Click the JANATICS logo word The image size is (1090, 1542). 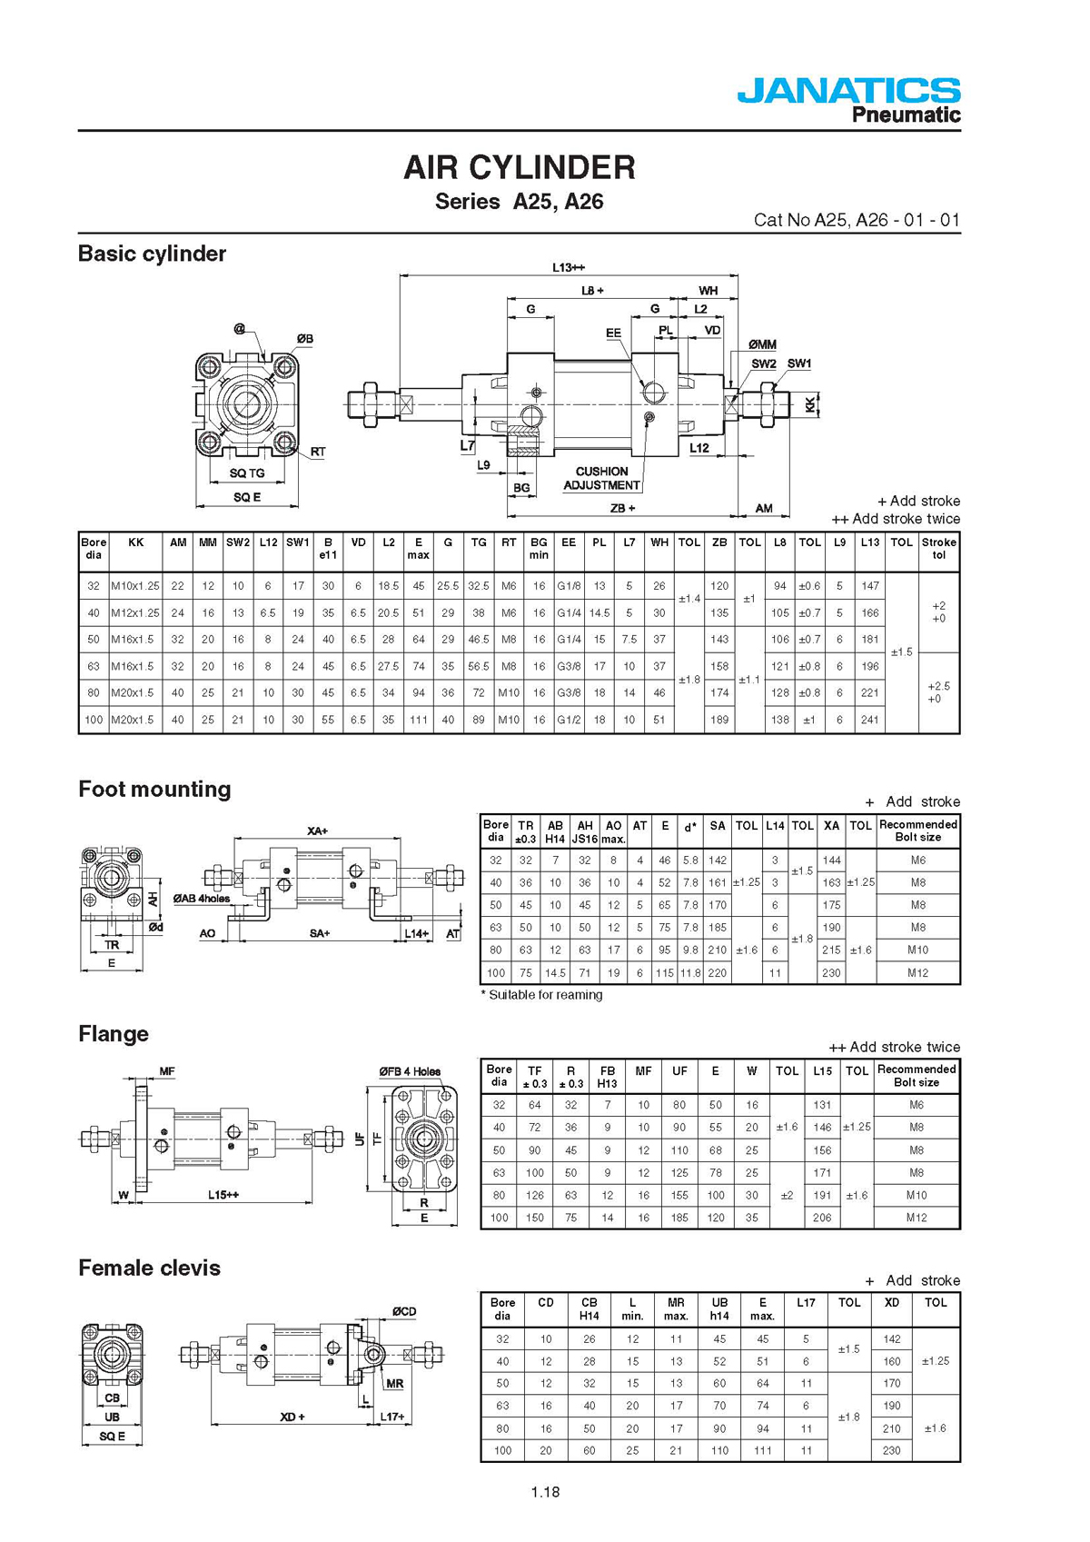(x=848, y=90)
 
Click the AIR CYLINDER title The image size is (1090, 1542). (x=520, y=167)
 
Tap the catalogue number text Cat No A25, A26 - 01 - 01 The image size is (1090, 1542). (x=857, y=220)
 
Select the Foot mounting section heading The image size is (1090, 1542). (x=154, y=789)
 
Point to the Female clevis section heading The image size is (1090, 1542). (x=149, y=1268)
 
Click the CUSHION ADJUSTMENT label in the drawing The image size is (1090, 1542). (x=601, y=479)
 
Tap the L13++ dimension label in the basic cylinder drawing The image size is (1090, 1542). (x=569, y=267)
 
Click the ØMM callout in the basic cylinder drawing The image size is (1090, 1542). (x=762, y=344)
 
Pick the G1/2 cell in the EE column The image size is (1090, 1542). (x=569, y=720)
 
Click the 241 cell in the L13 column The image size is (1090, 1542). (x=870, y=720)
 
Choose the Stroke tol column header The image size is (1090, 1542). (x=938, y=549)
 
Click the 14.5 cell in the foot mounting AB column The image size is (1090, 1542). (x=555, y=972)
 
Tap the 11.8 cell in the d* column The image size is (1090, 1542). (x=689, y=972)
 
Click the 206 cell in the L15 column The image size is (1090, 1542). (x=822, y=1217)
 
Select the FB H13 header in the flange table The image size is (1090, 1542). (x=607, y=1077)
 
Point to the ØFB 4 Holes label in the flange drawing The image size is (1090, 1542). (x=411, y=1072)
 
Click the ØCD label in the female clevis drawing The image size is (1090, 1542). (x=404, y=1311)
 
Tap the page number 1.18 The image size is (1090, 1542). (x=545, y=1492)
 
